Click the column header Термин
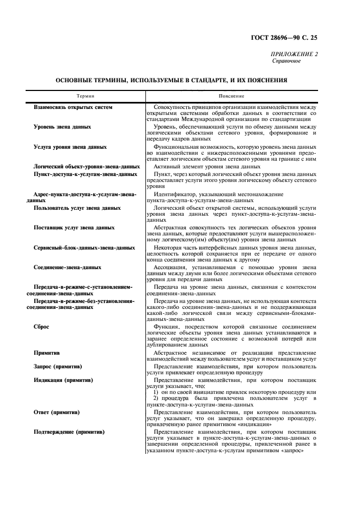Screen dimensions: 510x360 pyautogui.click(x=85, y=96)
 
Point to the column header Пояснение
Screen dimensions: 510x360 pyautogui.click(x=231, y=96)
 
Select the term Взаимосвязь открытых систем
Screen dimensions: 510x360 pyautogui.click(x=73, y=107)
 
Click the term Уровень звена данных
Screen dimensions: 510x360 pyautogui.click(x=62, y=127)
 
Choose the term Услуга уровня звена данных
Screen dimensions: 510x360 pyautogui.click(x=70, y=147)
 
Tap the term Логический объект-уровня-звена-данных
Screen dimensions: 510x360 pyautogui.click(x=87, y=166)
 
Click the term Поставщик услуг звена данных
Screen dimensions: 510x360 pyautogui.click(x=74, y=227)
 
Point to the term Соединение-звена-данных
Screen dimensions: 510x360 pyautogui.click(x=68, y=267)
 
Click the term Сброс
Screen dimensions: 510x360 pyautogui.click(x=44, y=326)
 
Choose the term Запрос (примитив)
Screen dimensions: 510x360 pyautogui.click(x=59, y=366)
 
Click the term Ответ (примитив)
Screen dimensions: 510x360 pyautogui.click(x=57, y=412)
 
